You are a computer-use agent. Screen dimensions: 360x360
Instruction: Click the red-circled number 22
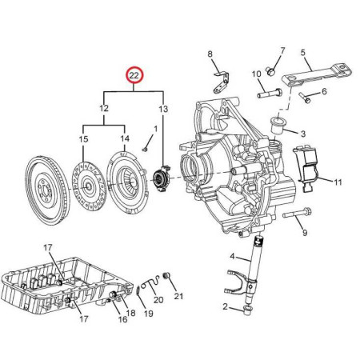pyautogui.click(x=134, y=75)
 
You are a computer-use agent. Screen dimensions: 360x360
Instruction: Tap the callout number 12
pyautogui.click(x=104, y=108)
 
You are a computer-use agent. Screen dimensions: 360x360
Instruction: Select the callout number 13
pyautogui.click(x=163, y=109)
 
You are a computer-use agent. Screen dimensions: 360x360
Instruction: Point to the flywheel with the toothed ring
pyautogui.click(x=47, y=190)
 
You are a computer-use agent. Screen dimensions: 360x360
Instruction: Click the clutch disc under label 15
pyautogui.click(x=90, y=186)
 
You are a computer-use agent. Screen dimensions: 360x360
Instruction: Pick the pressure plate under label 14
pyautogui.click(x=127, y=182)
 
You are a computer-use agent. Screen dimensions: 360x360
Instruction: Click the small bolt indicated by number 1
pyautogui.click(x=146, y=150)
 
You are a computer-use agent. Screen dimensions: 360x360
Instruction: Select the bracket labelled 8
pyautogui.click(x=222, y=82)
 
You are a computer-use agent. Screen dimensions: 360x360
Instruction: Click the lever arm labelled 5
pyautogui.click(x=317, y=75)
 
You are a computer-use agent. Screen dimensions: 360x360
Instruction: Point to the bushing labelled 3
pyautogui.click(x=278, y=125)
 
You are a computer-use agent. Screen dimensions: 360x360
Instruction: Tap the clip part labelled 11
pyautogui.click(x=306, y=168)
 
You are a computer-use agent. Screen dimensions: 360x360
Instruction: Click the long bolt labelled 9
pyautogui.click(x=297, y=214)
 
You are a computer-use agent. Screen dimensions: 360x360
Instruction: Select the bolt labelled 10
pyautogui.click(x=270, y=94)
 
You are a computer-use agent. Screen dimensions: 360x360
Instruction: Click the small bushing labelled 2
pyautogui.click(x=248, y=310)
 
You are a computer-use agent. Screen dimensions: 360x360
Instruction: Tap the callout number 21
pyautogui.click(x=178, y=296)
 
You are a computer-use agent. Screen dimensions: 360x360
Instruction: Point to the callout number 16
pyautogui.click(x=122, y=318)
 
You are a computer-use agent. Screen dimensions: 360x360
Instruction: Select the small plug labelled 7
pyautogui.click(x=270, y=70)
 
